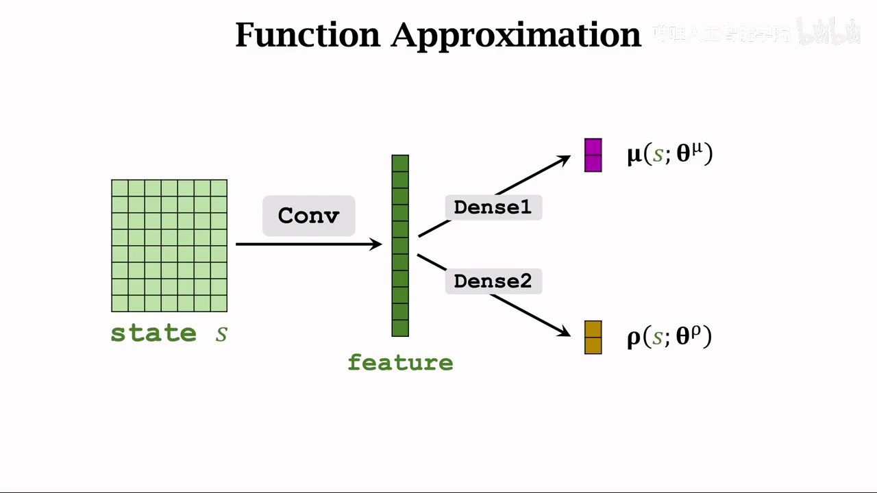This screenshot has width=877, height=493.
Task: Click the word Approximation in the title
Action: [x=515, y=36]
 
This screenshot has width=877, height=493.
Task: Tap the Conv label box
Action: [x=308, y=216]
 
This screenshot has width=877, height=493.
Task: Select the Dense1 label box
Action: [x=493, y=207]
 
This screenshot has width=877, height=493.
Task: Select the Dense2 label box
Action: [x=493, y=281]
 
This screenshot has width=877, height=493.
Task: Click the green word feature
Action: [x=400, y=362]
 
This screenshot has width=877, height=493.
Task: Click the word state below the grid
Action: [x=153, y=333]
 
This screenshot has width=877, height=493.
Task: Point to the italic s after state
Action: [x=221, y=334]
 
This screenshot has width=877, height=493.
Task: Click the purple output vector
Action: [x=593, y=155]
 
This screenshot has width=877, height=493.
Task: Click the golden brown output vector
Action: [x=593, y=337]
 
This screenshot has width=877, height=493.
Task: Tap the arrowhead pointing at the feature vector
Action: [x=376, y=244]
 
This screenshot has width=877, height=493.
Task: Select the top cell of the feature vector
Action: [x=400, y=163]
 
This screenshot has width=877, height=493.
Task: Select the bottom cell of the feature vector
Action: [x=400, y=328]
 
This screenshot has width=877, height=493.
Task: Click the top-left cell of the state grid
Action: [x=120, y=188]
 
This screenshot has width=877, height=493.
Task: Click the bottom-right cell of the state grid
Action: [x=219, y=303]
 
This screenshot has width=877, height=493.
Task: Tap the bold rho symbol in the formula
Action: [x=634, y=338]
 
